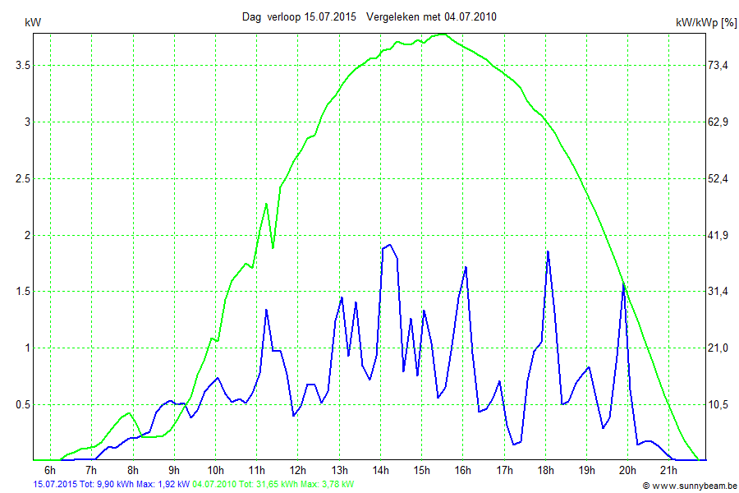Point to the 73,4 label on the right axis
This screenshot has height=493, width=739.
tap(719, 65)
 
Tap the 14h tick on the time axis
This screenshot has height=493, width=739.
tap(380, 470)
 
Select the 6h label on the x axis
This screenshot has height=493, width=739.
tap(50, 470)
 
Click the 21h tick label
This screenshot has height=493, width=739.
tap(669, 470)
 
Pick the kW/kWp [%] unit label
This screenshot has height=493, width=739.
tap(705, 23)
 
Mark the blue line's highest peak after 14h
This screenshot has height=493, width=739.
tap(389, 245)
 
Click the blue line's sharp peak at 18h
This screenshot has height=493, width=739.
tap(547, 251)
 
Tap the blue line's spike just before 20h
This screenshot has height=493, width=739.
tap(624, 284)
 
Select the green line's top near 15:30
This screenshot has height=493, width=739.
tap(443, 34)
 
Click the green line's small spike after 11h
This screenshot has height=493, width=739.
tap(267, 203)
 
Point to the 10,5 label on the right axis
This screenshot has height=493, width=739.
tap(719, 404)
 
